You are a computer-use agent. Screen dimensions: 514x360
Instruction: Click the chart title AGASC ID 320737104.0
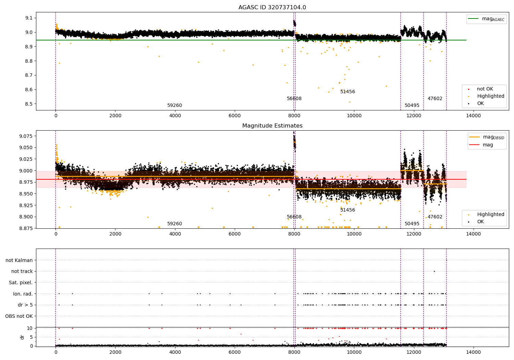pyautogui.click(x=272, y=7)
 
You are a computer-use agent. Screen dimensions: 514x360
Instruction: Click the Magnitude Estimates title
pyautogui.click(x=272, y=125)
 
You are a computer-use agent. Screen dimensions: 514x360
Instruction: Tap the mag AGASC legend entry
pyautogui.click(x=487, y=19)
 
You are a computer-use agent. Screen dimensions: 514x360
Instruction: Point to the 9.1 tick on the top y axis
pyautogui.click(x=29, y=18)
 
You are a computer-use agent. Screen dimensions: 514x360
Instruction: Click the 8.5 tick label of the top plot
pyautogui.click(x=29, y=104)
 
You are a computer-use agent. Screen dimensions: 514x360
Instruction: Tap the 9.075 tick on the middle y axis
pyautogui.click(x=26, y=136)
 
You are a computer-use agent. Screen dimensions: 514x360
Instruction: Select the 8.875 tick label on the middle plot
pyautogui.click(x=26, y=228)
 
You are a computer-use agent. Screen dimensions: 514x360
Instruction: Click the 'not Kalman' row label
pyautogui.click(x=19, y=260)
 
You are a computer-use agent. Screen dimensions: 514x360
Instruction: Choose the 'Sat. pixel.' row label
pyautogui.click(x=21, y=283)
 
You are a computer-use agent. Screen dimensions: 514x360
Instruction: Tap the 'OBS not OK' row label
pyautogui.click(x=19, y=316)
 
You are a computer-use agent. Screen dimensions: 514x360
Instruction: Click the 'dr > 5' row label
pyautogui.click(x=25, y=305)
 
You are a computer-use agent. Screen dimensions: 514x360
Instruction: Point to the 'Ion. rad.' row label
pyautogui.click(x=23, y=293)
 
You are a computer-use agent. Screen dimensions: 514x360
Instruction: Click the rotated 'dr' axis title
pyautogui.click(x=22, y=337)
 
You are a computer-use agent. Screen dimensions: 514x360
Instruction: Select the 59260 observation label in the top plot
pyautogui.click(x=175, y=105)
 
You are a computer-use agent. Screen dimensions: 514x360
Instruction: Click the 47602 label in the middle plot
pyautogui.click(x=435, y=217)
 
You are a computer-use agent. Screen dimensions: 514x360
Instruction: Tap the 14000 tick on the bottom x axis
pyautogui.click(x=473, y=352)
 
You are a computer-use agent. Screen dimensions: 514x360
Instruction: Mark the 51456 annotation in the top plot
pyautogui.click(x=348, y=92)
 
